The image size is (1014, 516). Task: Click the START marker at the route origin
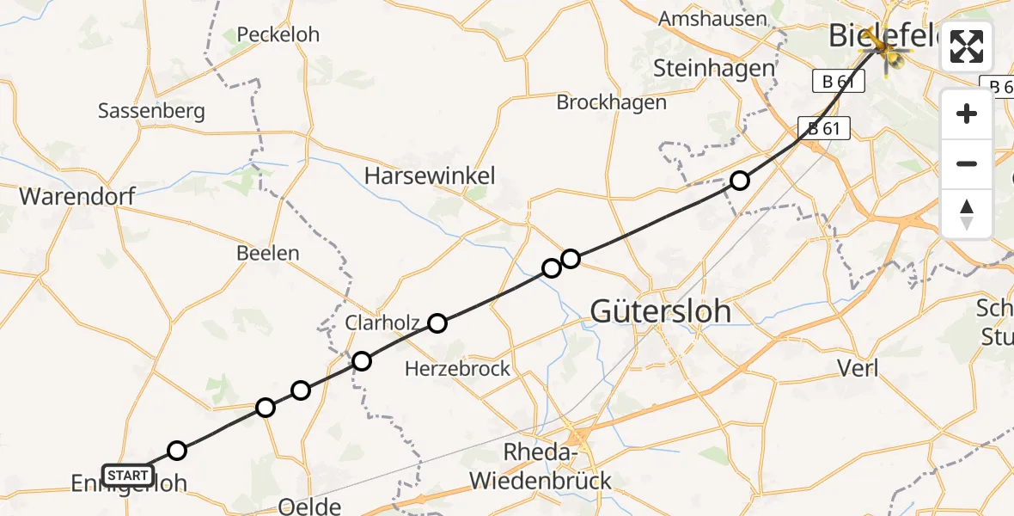(128, 475)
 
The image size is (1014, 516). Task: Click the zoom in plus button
(967, 114)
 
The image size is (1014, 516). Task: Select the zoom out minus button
(967, 163)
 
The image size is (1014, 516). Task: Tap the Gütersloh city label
(661, 311)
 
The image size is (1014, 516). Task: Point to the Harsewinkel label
(430, 176)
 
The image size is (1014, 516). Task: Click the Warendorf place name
(77, 196)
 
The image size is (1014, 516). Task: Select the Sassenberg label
(151, 111)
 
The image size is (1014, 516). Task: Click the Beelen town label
(268, 253)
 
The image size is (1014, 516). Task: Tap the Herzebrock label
(458, 369)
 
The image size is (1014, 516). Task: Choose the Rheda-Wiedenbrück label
(546, 466)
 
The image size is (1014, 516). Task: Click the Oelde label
(310, 506)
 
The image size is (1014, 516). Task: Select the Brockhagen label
(611, 102)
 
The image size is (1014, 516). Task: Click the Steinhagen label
(713, 67)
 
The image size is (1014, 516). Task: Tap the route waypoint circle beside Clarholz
(437, 323)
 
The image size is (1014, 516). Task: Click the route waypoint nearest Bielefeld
(740, 181)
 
